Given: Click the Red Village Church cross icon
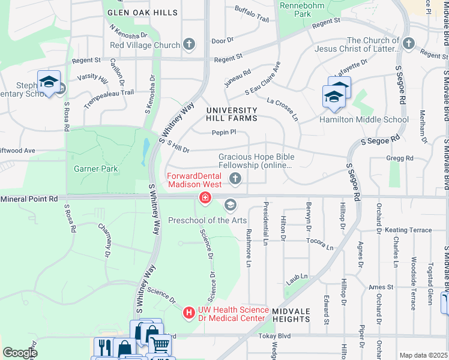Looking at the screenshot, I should coord(189,44).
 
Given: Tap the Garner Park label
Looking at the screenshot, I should coord(95,169).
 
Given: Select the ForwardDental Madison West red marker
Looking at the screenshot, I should coord(205,197).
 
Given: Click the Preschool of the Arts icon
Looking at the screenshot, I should coord(229,206).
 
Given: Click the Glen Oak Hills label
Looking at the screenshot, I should coord(142,13).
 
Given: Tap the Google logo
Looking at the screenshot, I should coord(20,353).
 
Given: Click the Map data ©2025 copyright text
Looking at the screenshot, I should coord(423,355).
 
